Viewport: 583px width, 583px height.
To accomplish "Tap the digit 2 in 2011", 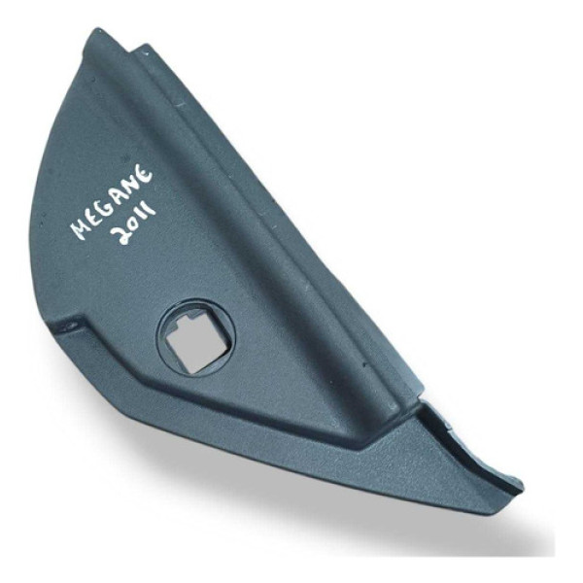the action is [122, 236].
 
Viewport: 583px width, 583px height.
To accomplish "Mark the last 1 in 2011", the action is [149, 209].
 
